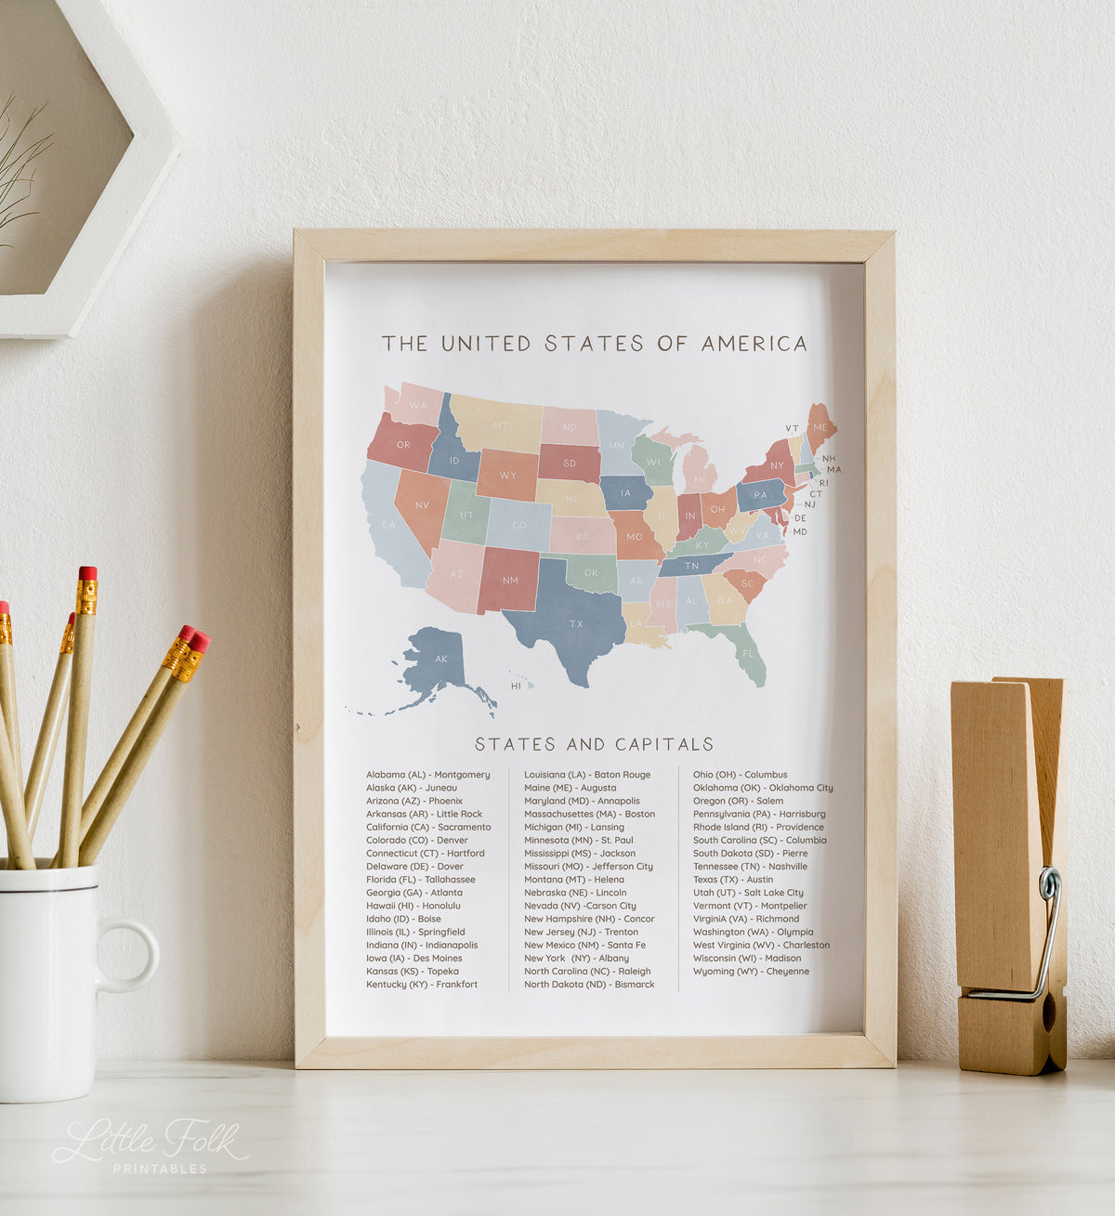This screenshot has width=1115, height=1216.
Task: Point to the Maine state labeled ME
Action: (820, 426)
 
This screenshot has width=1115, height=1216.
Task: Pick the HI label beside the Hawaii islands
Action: (516, 686)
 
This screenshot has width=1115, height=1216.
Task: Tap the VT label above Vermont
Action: (792, 428)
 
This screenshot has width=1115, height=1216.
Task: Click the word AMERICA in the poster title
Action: (754, 344)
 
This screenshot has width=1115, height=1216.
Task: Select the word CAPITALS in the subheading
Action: (664, 744)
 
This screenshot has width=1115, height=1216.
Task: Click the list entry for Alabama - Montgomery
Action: (427, 775)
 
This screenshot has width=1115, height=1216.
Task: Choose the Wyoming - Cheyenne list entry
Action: (751, 972)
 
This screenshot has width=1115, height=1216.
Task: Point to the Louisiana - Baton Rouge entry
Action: (587, 775)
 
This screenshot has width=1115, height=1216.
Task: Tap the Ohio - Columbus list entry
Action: (740, 775)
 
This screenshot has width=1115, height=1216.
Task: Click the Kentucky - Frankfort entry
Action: (422, 985)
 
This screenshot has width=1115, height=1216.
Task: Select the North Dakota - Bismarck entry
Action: (589, 985)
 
